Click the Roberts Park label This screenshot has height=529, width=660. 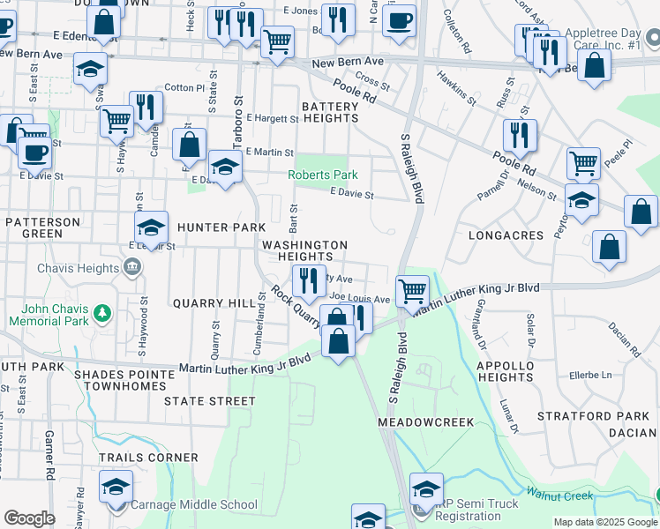(x=323, y=175)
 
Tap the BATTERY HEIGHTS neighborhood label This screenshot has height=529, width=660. (x=330, y=112)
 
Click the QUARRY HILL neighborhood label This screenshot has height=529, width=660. (x=214, y=303)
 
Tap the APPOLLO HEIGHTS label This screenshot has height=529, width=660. (x=506, y=371)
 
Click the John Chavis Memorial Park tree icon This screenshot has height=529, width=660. (x=102, y=313)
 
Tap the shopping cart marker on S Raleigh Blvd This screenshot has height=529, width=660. (x=412, y=289)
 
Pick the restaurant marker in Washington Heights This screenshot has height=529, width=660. (x=309, y=280)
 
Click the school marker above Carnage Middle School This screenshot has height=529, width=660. (x=116, y=487)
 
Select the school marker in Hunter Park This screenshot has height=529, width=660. (x=151, y=227)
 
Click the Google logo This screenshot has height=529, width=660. (x=30, y=519)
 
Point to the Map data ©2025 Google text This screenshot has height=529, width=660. (x=604, y=522)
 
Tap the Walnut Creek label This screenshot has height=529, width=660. (x=559, y=495)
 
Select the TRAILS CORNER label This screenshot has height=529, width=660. (x=148, y=458)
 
